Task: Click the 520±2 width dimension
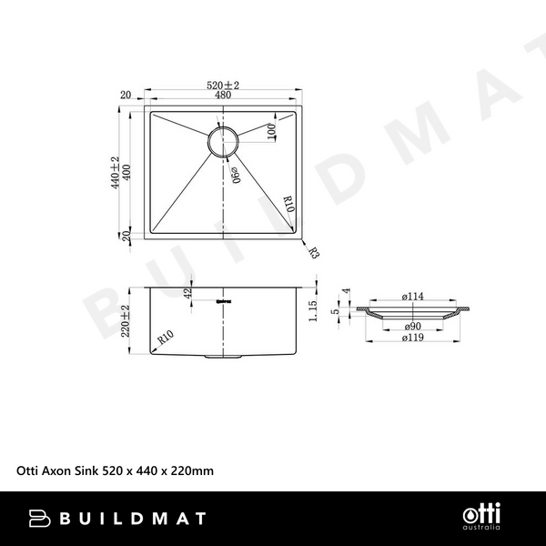point(222,86)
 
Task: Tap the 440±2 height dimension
point(116,171)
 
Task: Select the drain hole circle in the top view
point(223,141)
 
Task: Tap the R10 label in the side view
point(165,338)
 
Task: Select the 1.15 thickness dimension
point(311,312)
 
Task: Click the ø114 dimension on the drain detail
point(414,296)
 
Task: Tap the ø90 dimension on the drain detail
point(414,325)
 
